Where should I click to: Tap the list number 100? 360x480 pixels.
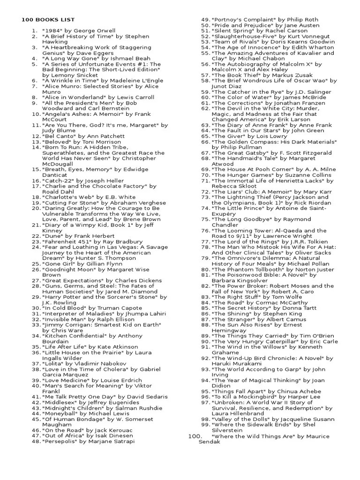(195, 436)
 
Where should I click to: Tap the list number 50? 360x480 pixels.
(204, 25)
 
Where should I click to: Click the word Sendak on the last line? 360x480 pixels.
(210, 442)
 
